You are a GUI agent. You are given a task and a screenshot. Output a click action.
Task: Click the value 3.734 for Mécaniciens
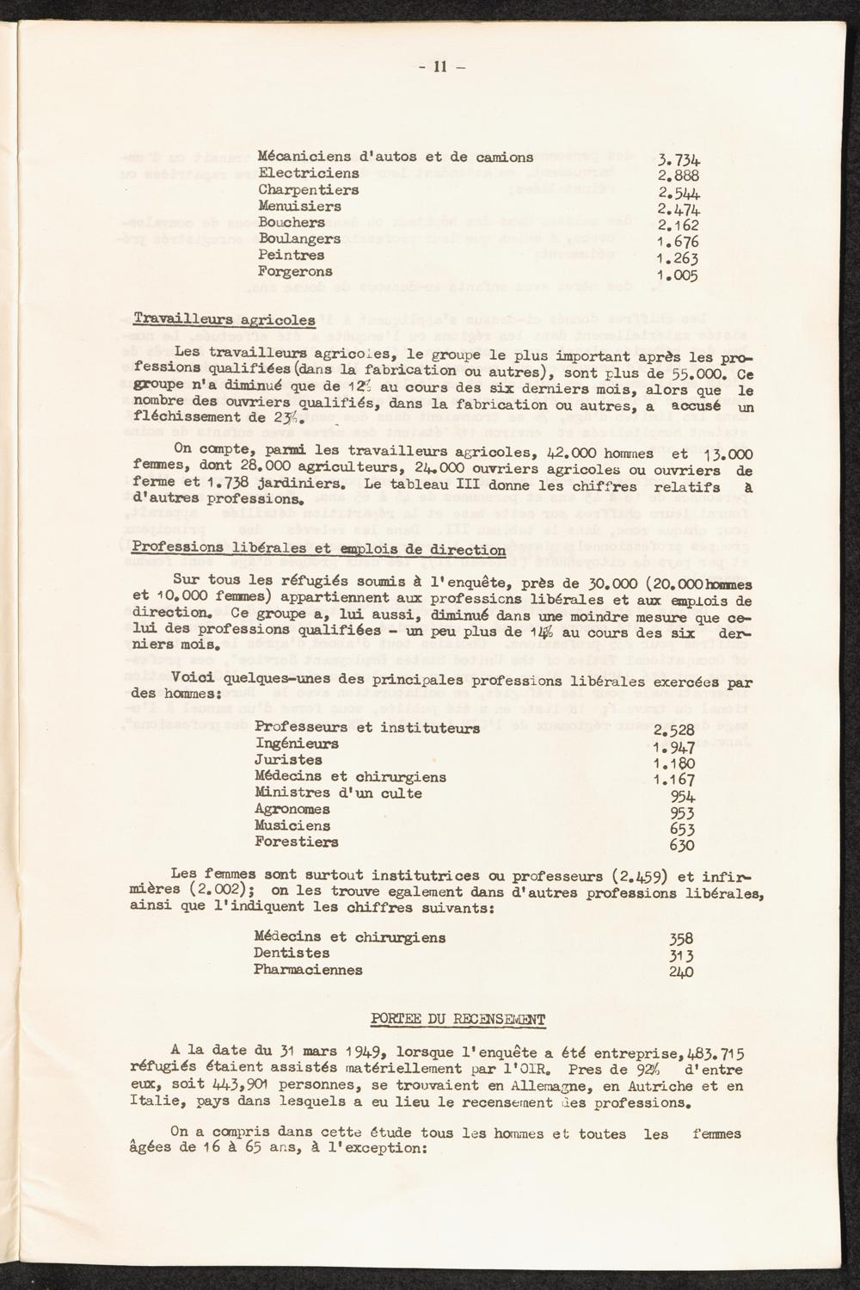[678, 160]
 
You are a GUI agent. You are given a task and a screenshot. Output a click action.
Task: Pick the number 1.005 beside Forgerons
[675, 275]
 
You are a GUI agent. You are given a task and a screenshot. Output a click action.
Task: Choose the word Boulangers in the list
[299, 238]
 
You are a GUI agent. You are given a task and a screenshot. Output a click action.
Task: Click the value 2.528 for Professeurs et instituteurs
[674, 731]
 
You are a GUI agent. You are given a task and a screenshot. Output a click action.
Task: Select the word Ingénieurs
[297, 744]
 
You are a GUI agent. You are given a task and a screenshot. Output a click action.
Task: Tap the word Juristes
[288, 760]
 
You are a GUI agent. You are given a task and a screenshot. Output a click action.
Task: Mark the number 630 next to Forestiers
[682, 845]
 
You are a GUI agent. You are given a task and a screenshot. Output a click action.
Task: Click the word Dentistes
[292, 954]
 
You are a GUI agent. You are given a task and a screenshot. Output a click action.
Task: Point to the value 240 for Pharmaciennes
[681, 972]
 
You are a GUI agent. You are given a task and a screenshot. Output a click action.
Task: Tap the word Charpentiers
[309, 189]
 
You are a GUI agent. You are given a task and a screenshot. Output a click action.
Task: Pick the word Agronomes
[292, 809]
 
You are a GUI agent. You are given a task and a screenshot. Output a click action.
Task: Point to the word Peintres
[291, 255]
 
